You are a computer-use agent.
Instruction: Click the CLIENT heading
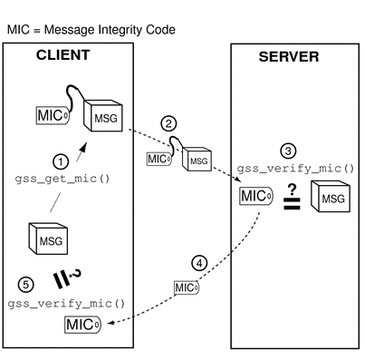pos(62,55)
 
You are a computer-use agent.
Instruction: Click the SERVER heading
pos(288,56)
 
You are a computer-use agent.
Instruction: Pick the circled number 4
pos(200,263)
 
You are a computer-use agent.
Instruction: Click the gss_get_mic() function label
pos(62,178)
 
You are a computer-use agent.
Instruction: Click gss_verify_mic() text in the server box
pos(295,169)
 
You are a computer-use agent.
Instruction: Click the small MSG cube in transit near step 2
pos(197,157)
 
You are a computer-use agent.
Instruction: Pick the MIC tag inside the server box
pos(255,197)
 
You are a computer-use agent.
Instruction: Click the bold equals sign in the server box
pos(292,207)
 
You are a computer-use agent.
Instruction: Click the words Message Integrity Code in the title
pos(110,30)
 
